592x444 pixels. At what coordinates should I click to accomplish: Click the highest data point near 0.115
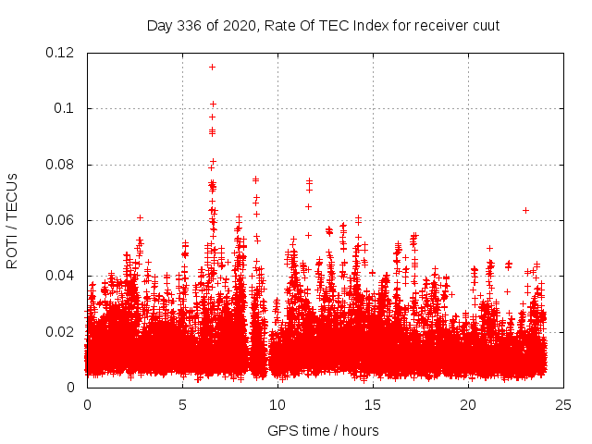(212, 67)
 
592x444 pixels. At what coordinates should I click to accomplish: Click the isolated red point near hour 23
(525, 210)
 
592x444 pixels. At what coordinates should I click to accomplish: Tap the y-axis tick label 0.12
(60, 53)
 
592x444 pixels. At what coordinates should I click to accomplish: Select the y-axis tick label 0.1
(64, 108)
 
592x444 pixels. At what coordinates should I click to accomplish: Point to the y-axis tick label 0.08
(60, 165)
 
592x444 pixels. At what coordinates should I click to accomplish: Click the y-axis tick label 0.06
(60, 220)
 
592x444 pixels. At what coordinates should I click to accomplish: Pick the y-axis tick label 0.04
(60, 276)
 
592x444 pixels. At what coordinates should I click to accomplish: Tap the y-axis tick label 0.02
(60, 331)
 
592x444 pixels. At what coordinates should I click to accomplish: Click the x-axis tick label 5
(182, 404)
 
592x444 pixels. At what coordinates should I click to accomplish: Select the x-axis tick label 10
(277, 404)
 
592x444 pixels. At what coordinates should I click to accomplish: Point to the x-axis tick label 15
(373, 404)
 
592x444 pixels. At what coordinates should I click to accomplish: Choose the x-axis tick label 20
(468, 404)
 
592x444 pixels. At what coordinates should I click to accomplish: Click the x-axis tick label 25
(563, 404)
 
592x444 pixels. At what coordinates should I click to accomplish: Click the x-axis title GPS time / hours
(323, 430)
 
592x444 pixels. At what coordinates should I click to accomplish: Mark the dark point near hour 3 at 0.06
(140, 217)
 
